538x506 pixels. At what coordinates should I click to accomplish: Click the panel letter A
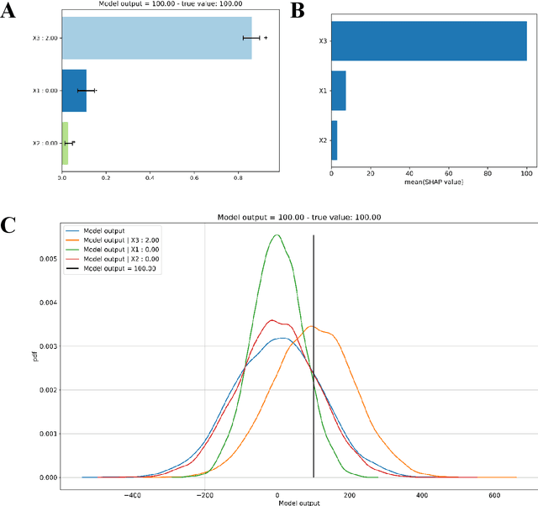tap(10, 12)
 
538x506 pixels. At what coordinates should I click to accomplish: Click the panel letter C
tap(10, 225)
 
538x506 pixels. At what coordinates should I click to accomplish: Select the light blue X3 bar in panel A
tap(156, 38)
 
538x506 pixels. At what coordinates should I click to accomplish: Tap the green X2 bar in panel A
tap(65, 143)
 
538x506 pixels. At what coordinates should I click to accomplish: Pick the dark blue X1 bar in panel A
tap(74, 90)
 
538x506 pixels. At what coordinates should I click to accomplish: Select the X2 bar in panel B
tap(334, 141)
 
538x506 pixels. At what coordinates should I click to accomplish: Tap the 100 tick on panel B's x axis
tap(526, 172)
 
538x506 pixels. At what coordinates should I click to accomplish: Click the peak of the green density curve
tap(277, 235)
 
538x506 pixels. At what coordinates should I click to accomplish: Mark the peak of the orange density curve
tap(311, 326)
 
